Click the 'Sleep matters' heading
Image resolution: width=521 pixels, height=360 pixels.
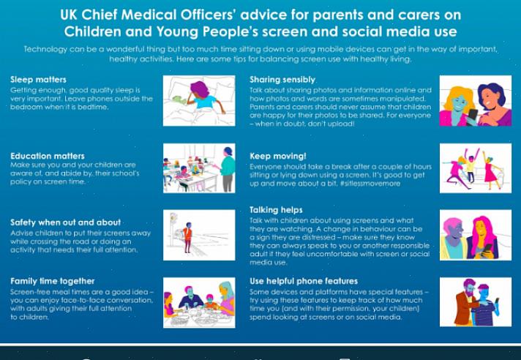point(38,80)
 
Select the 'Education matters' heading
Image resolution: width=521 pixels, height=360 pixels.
point(48,156)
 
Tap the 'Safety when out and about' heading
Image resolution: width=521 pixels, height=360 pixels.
point(65,222)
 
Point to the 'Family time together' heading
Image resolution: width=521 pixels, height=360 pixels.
point(53,281)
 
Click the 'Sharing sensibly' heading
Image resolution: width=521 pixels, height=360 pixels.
point(282,80)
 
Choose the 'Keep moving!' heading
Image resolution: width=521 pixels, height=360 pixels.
point(278,156)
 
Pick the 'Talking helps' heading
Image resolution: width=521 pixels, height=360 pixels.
point(276,210)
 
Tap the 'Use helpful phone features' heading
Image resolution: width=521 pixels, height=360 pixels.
point(304,281)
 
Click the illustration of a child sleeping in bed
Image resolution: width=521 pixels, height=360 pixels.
point(199,101)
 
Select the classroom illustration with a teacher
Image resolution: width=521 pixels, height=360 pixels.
point(199,168)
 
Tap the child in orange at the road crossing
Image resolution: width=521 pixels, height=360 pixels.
point(188,237)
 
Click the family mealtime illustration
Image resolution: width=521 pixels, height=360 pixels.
point(199,302)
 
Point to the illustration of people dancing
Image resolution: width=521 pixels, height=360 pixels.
point(476,168)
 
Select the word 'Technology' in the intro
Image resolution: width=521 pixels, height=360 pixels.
point(45,50)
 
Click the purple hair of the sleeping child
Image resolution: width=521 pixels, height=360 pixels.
point(199,89)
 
